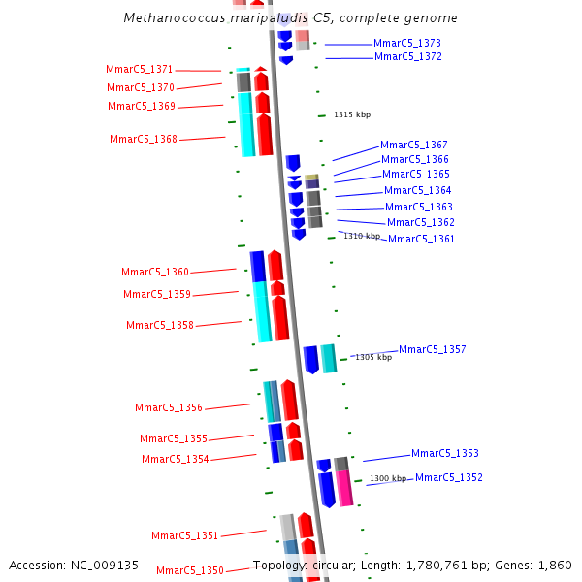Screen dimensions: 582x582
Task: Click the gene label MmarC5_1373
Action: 407,44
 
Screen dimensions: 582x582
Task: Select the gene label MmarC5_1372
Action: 408,57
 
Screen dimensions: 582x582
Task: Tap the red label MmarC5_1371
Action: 140,70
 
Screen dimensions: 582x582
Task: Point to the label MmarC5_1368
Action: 144,140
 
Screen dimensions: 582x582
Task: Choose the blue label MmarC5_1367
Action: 414,145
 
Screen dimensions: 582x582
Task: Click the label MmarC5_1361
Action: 421,240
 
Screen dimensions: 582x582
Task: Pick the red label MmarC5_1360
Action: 155,273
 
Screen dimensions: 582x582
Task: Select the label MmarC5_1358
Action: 160,326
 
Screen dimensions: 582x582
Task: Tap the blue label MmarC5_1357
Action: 433,350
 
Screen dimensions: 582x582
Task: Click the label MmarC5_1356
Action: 169,408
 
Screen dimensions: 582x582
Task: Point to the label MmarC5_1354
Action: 176,460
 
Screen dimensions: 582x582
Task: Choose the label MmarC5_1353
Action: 445,454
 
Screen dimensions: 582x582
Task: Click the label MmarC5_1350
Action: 190,571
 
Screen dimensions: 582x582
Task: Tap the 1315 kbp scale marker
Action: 352,115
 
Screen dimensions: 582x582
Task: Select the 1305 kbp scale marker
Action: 373,358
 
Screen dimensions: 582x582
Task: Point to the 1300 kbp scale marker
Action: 388,478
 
